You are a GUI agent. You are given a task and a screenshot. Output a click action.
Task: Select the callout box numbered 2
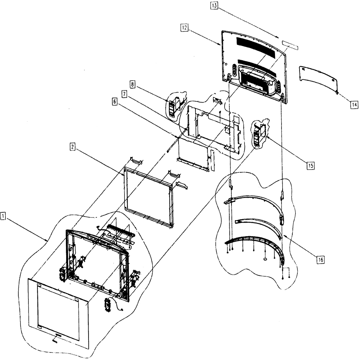(72, 147)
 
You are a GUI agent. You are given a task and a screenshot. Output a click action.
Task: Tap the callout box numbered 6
(114, 102)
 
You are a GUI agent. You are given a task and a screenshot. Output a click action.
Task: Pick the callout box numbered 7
(124, 94)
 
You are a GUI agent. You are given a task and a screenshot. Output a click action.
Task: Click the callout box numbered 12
(184, 28)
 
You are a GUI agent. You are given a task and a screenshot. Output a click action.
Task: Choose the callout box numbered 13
(214, 5)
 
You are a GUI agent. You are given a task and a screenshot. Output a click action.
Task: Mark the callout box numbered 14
(354, 105)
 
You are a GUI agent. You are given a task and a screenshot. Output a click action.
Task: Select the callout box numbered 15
(310, 165)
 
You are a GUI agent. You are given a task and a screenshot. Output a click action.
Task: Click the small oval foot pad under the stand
(265, 259)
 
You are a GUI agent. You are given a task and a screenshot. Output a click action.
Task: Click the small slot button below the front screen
(58, 335)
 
